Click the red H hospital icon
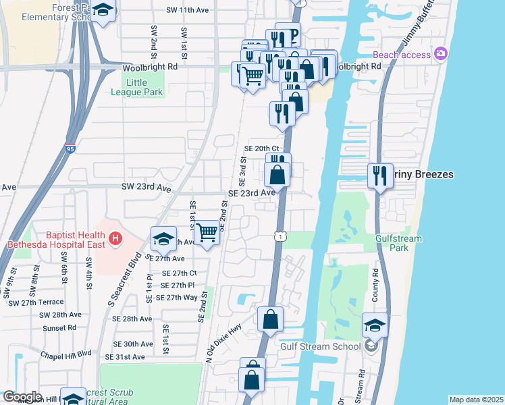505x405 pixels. click(115, 238)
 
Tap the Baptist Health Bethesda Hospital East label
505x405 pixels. click(57, 238)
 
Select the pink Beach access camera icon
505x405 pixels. click(441, 53)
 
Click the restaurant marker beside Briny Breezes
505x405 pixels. click(380, 176)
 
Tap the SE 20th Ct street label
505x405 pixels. click(261, 148)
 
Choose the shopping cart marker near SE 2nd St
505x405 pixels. click(208, 234)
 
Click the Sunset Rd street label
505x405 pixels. click(58, 328)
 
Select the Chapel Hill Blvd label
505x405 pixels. click(65, 353)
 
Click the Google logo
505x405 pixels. click(22, 398)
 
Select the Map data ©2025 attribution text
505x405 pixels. click(476, 400)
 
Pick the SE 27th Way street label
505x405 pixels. click(176, 297)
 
